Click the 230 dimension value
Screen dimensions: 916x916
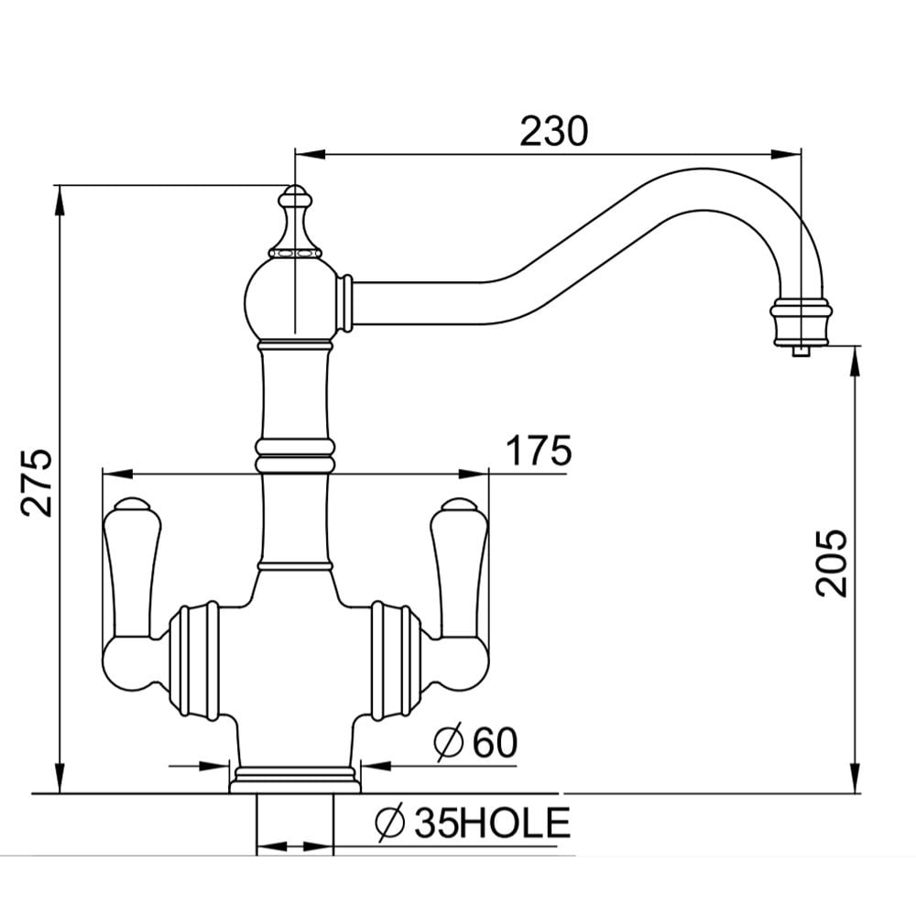tap(554, 131)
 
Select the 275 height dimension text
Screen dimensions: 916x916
tap(37, 483)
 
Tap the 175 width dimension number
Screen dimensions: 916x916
tap(538, 450)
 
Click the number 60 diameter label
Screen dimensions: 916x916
tap(495, 743)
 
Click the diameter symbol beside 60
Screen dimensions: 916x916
tap(449, 742)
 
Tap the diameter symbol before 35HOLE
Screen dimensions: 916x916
tap(390, 823)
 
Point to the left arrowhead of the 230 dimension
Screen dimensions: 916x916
tap(310, 154)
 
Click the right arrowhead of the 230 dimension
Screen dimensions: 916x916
tap(786, 154)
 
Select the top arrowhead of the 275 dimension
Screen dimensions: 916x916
tap(59, 201)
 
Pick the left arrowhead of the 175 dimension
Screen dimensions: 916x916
tap(117, 474)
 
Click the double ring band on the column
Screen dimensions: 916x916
tap(295, 455)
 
